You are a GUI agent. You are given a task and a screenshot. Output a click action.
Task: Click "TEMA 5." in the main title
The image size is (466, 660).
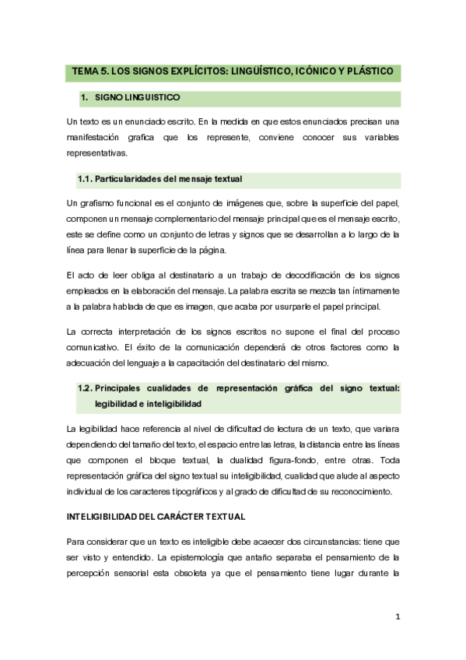(x=89, y=72)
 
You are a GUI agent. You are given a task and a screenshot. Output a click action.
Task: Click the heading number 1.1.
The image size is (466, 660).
(x=85, y=180)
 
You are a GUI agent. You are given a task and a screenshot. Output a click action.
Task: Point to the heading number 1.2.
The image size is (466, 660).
(x=85, y=388)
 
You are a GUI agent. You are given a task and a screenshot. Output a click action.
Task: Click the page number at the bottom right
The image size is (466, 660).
(x=397, y=617)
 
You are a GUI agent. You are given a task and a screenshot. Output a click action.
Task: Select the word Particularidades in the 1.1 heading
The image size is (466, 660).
(x=131, y=180)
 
